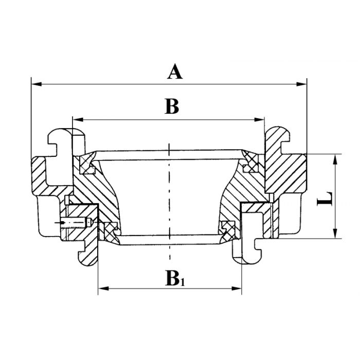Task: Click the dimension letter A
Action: (x=175, y=71)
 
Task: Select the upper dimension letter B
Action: (x=172, y=106)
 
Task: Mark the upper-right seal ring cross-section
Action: (x=250, y=161)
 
